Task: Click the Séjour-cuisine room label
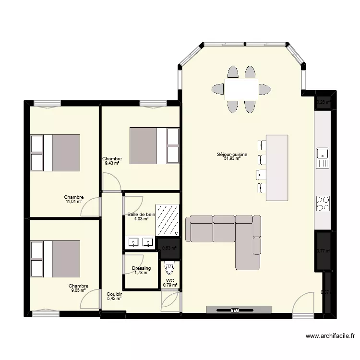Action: point(232,155)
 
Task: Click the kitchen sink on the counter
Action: point(323,154)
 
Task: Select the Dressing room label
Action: point(141,268)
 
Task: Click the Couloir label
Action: point(114,294)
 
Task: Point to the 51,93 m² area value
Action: point(232,158)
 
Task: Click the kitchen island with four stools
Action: point(277,168)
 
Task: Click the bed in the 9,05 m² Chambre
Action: point(60,259)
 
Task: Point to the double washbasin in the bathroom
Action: point(140,242)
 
